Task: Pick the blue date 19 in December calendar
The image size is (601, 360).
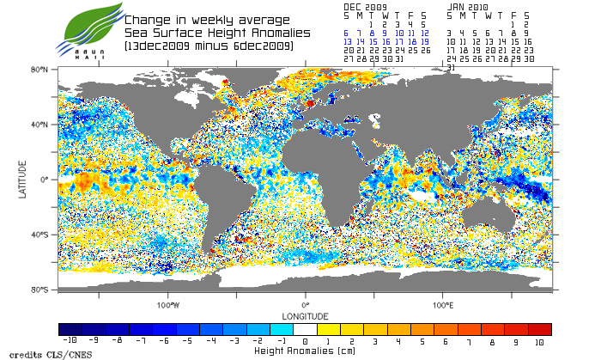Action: tap(424, 41)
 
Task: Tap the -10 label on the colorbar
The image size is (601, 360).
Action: tap(71, 342)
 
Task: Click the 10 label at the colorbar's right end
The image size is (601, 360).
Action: tap(540, 342)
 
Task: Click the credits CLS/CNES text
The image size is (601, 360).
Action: tap(35, 353)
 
